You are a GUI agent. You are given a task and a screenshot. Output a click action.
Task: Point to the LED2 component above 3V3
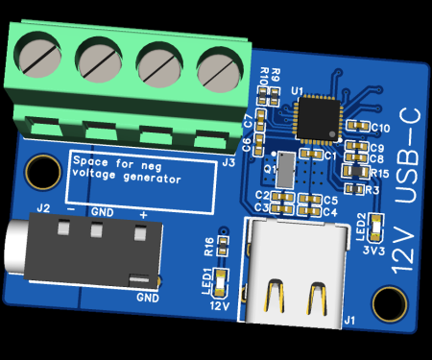click(x=376, y=228)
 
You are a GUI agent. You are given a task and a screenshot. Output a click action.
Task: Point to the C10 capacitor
click(x=359, y=126)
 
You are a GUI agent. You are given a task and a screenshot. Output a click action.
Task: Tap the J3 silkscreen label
click(x=228, y=162)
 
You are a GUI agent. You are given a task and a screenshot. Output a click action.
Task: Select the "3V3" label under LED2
click(x=375, y=249)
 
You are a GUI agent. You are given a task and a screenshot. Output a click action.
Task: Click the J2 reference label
click(x=42, y=207)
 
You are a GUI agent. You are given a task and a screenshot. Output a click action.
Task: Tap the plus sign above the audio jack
click(x=143, y=212)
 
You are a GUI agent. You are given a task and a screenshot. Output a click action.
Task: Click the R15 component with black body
click(x=355, y=171)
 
